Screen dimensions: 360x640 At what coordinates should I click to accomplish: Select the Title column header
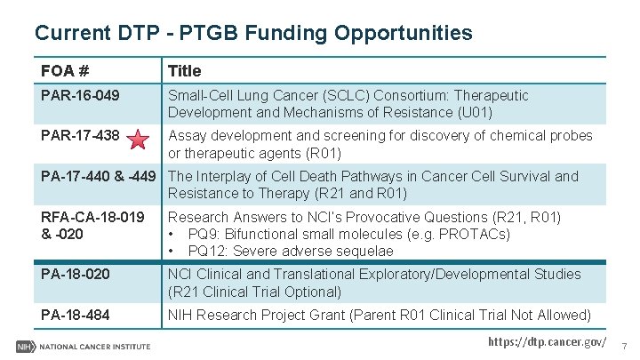tap(185, 70)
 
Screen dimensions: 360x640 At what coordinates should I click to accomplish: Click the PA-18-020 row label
tap(76, 275)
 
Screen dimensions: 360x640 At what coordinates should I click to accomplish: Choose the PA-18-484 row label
tap(76, 315)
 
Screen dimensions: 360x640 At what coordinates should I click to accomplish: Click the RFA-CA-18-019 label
tap(92, 217)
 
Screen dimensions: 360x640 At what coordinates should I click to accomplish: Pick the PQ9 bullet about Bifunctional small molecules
tap(338, 234)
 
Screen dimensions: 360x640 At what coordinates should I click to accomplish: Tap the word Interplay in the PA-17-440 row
tap(226, 176)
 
